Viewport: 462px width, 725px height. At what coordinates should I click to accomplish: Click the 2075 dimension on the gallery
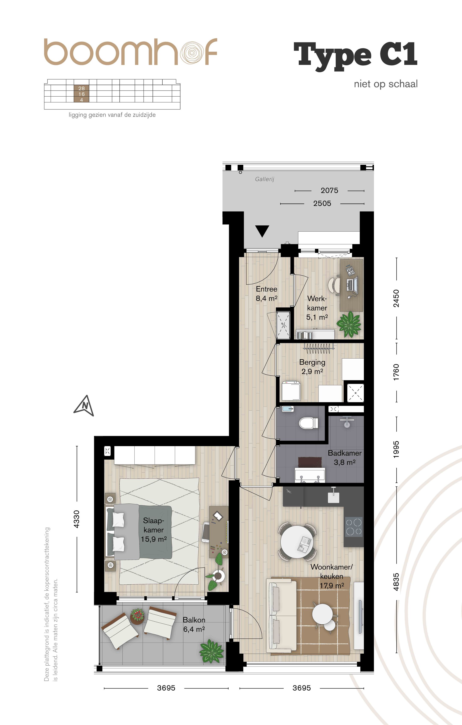329,190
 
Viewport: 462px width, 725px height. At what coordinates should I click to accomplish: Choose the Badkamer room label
344,453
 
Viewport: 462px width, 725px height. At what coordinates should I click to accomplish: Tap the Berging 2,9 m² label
312,367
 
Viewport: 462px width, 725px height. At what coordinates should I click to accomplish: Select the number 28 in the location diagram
81,88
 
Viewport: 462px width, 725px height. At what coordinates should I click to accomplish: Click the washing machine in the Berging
291,391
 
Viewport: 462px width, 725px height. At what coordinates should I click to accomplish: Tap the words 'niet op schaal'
386,84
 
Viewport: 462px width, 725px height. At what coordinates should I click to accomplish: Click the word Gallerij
265,179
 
